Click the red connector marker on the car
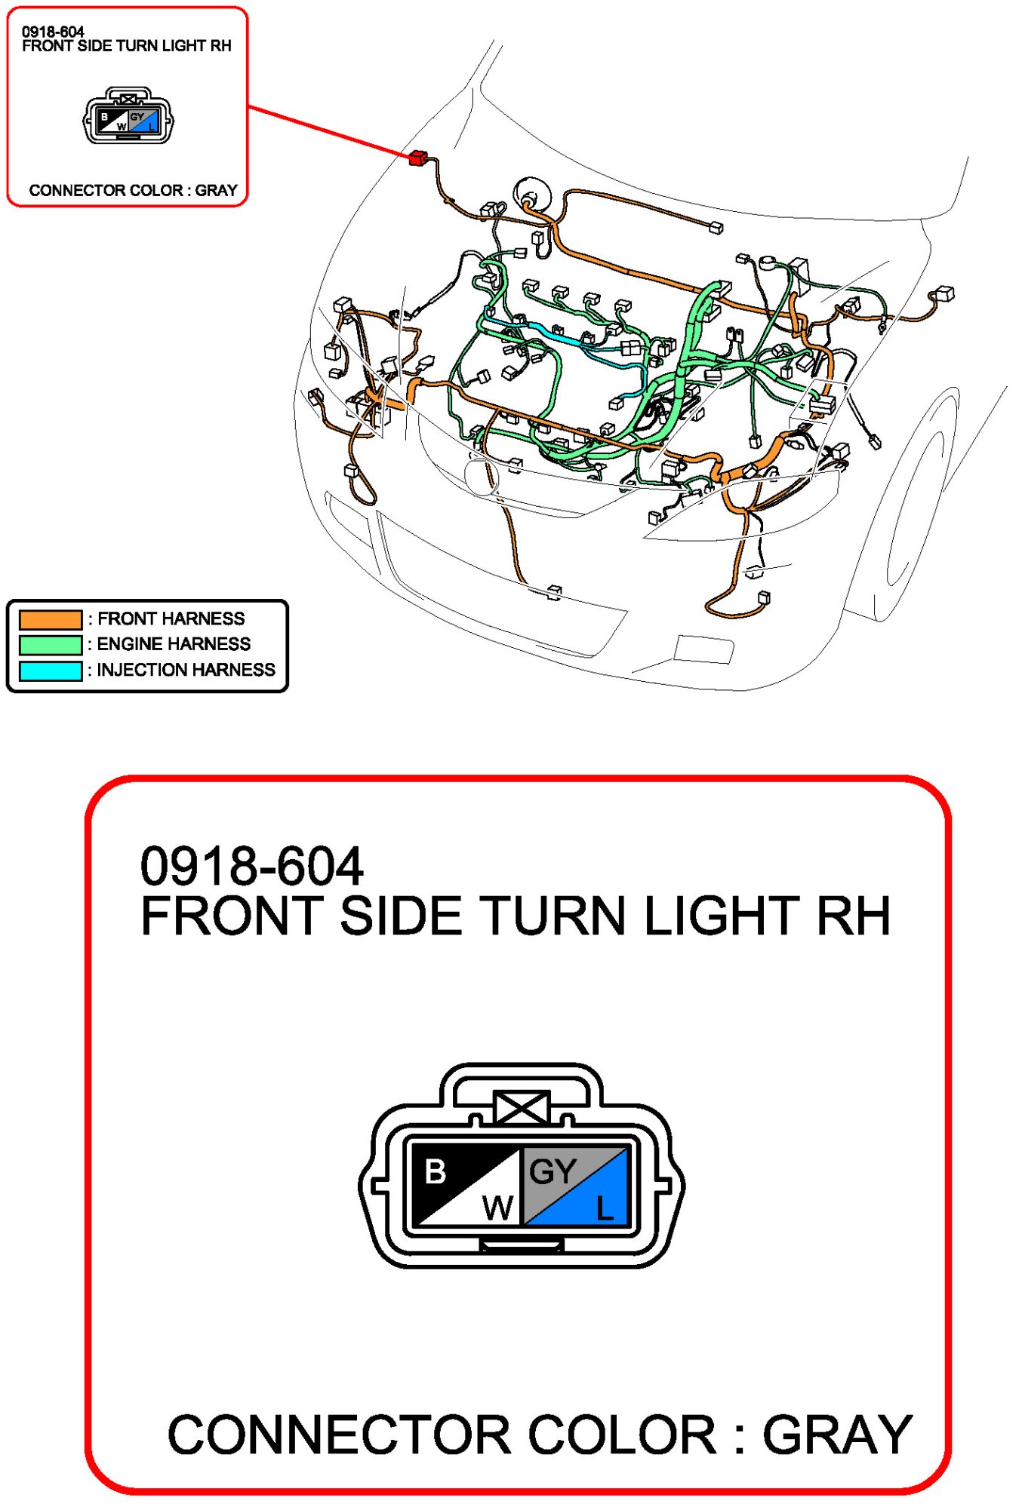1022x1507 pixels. [x=417, y=158]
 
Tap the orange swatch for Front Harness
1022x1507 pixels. [x=51, y=619]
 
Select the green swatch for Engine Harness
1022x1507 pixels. [x=51, y=645]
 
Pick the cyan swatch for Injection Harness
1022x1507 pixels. [x=51, y=671]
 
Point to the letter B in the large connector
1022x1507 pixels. [x=436, y=1172]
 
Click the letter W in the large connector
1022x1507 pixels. [x=498, y=1208]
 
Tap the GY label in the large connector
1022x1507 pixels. [x=553, y=1171]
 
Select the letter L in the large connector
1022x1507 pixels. [x=605, y=1208]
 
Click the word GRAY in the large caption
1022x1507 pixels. [x=837, y=1435]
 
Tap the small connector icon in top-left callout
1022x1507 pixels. [x=128, y=116]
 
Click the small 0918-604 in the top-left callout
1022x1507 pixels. [x=53, y=32]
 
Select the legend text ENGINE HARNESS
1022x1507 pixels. [x=174, y=644]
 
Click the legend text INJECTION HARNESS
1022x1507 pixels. [x=186, y=670]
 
